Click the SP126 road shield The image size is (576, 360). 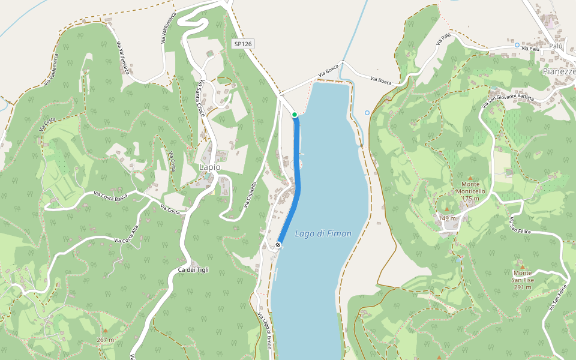243,44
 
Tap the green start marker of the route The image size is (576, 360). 295,115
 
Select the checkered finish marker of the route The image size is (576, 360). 279,245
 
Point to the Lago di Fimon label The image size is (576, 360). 323,233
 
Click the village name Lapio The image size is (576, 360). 209,167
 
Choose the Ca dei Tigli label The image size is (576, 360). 193,270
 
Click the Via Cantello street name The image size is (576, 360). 251,196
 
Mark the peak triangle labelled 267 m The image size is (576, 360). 106,331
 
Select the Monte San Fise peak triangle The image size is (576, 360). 522,266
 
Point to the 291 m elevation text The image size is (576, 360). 522,287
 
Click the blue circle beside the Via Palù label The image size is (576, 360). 517,45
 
